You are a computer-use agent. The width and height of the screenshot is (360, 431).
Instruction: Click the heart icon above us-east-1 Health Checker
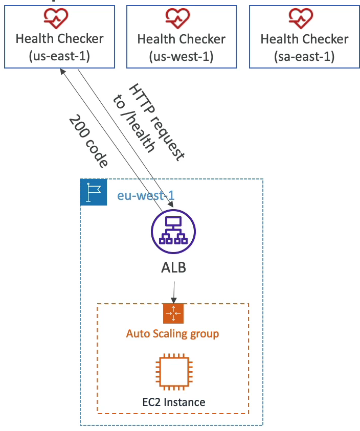[x=56, y=18]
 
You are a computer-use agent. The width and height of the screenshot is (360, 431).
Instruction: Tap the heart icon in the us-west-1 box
[x=177, y=18]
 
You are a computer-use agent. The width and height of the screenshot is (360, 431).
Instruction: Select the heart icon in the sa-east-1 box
[x=301, y=18]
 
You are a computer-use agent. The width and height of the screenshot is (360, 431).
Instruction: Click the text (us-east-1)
[x=59, y=56]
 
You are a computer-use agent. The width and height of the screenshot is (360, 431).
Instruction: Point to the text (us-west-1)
[x=181, y=57]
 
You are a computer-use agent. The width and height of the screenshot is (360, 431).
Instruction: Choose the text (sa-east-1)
[x=304, y=57]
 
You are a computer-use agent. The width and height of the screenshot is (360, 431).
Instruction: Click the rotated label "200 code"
[x=88, y=141]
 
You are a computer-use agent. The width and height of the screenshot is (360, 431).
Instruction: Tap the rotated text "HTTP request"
[x=156, y=122]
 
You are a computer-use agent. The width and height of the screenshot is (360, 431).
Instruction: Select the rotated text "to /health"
[x=134, y=123]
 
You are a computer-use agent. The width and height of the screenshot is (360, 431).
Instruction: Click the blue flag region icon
[x=94, y=192]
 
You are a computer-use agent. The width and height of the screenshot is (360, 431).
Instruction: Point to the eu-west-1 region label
[x=146, y=196]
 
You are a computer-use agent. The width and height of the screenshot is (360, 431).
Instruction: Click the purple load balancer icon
[x=173, y=232]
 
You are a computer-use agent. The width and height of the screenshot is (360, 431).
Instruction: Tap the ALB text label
[x=173, y=267]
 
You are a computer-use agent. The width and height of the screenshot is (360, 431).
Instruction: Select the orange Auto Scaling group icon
[x=173, y=313]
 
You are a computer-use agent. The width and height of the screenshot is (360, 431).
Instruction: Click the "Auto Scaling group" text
[x=173, y=334]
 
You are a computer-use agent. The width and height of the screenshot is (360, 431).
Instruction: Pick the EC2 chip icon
[x=174, y=372]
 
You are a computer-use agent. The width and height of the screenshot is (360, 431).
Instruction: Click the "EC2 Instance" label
[x=174, y=402]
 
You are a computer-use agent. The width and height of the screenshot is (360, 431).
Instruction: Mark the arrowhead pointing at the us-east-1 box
[x=63, y=72]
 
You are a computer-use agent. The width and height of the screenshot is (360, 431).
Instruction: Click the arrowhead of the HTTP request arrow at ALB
[x=171, y=204]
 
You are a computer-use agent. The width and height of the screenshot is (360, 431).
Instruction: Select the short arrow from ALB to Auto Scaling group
[x=174, y=292]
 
